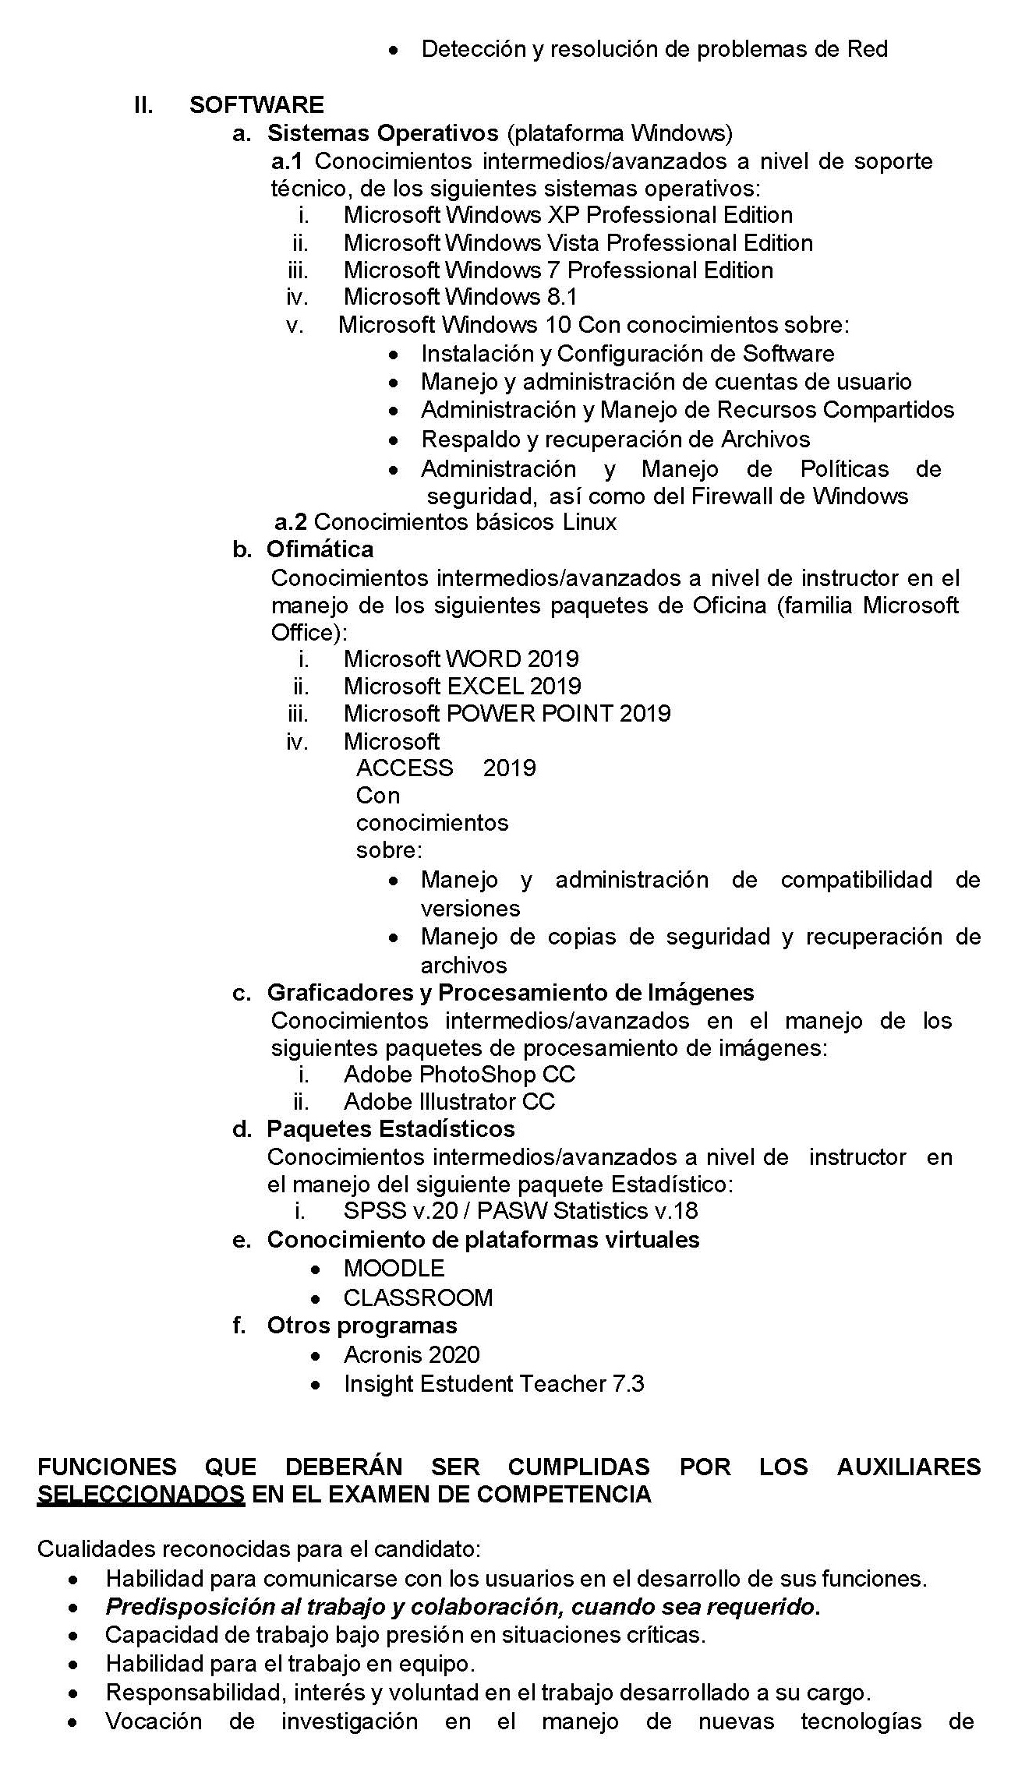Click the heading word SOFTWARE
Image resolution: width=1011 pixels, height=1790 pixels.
256,105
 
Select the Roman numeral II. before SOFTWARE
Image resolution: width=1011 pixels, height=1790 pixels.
143,105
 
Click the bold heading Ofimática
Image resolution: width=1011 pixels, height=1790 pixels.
320,549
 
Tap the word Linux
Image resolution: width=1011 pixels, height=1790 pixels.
589,522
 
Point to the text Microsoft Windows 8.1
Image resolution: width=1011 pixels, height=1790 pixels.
460,297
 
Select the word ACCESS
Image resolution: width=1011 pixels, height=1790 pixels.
405,768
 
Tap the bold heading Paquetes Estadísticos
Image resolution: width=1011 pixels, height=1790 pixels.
391,1129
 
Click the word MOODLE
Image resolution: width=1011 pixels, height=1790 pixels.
394,1269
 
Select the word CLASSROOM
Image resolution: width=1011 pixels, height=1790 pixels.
418,1298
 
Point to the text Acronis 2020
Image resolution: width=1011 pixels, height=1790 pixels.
412,1355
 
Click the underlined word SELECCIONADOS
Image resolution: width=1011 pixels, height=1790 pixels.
140,1494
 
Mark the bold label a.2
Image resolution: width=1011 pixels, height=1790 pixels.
291,522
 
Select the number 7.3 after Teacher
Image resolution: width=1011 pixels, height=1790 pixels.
628,1384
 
